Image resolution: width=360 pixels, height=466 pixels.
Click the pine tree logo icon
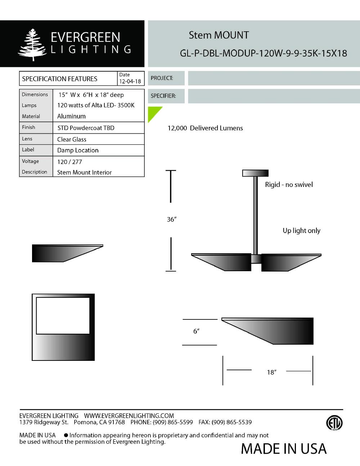(32, 44)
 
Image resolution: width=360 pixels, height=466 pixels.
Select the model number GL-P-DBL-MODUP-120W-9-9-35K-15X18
(263, 53)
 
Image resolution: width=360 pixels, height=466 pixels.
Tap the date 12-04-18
(130, 81)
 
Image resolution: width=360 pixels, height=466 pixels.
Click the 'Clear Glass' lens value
(72, 139)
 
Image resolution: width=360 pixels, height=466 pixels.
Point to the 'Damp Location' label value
(78, 150)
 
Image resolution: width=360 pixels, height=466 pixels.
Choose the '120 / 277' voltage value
(69, 162)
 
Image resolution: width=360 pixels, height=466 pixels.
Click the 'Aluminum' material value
(71, 116)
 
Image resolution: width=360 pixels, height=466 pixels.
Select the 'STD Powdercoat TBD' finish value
(86, 128)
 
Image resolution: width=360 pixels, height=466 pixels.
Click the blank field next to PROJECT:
(274, 78)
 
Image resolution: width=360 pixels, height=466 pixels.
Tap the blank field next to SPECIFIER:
(274, 96)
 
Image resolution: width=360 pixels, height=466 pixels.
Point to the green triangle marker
(153, 112)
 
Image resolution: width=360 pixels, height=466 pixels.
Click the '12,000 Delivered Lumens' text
(205, 128)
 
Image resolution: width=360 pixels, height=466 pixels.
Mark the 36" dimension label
(171, 219)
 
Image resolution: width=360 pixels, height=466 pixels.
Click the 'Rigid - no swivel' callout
(289, 185)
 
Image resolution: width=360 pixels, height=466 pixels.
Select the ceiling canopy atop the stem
(255, 173)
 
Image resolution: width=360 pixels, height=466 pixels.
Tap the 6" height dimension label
(196, 331)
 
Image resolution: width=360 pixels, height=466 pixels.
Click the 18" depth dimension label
(271, 372)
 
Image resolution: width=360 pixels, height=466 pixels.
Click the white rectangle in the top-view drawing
(63, 315)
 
